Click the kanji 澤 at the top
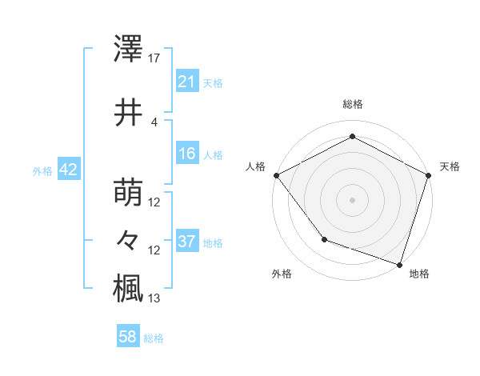click(129, 50)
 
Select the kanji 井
click(129, 113)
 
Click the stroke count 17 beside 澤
click(154, 58)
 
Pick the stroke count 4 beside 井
click(154, 122)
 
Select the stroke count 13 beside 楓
click(154, 298)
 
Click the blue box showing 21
click(186, 82)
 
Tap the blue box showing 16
click(186, 154)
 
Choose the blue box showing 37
click(186, 242)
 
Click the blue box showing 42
click(67, 170)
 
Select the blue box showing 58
click(128, 338)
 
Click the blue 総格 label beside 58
click(154, 338)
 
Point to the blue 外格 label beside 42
click(42, 171)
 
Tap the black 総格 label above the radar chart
click(352, 105)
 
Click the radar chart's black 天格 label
click(450, 166)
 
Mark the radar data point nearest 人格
click(276, 175)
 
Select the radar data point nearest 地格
click(399, 263)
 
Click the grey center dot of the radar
click(352, 199)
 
